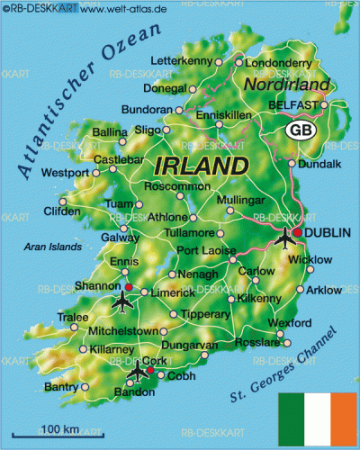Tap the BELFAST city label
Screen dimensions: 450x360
pos(293,105)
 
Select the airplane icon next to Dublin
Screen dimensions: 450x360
pos(285,239)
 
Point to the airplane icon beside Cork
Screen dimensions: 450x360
pos(136,370)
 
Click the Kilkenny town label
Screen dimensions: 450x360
pos(261,298)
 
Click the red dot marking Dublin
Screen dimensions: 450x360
pos(298,231)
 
